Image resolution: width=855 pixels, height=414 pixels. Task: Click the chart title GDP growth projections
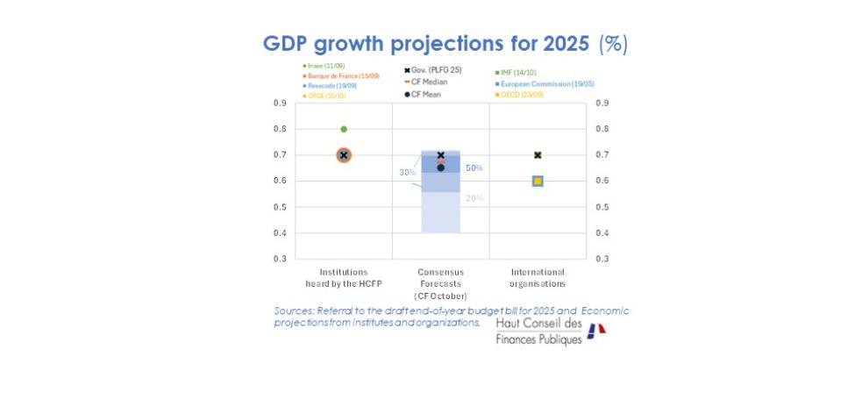[445, 44]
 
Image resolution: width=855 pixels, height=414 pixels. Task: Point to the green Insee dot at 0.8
[344, 129]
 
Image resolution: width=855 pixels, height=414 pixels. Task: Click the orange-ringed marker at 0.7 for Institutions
[344, 155]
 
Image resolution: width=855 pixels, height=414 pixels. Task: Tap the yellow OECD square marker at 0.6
[538, 181]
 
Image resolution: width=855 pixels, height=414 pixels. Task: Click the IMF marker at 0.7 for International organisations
[538, 155]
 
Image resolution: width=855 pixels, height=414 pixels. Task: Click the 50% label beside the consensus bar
[474, 168]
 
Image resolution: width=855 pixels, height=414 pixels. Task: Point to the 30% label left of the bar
[407, 173]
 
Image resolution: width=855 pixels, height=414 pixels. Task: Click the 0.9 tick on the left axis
[279, 103]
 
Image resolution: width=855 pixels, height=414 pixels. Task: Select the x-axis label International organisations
[537, 278]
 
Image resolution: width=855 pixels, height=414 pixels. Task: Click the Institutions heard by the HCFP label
[343, 278]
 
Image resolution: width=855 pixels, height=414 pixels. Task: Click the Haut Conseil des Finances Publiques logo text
[538, 332]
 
